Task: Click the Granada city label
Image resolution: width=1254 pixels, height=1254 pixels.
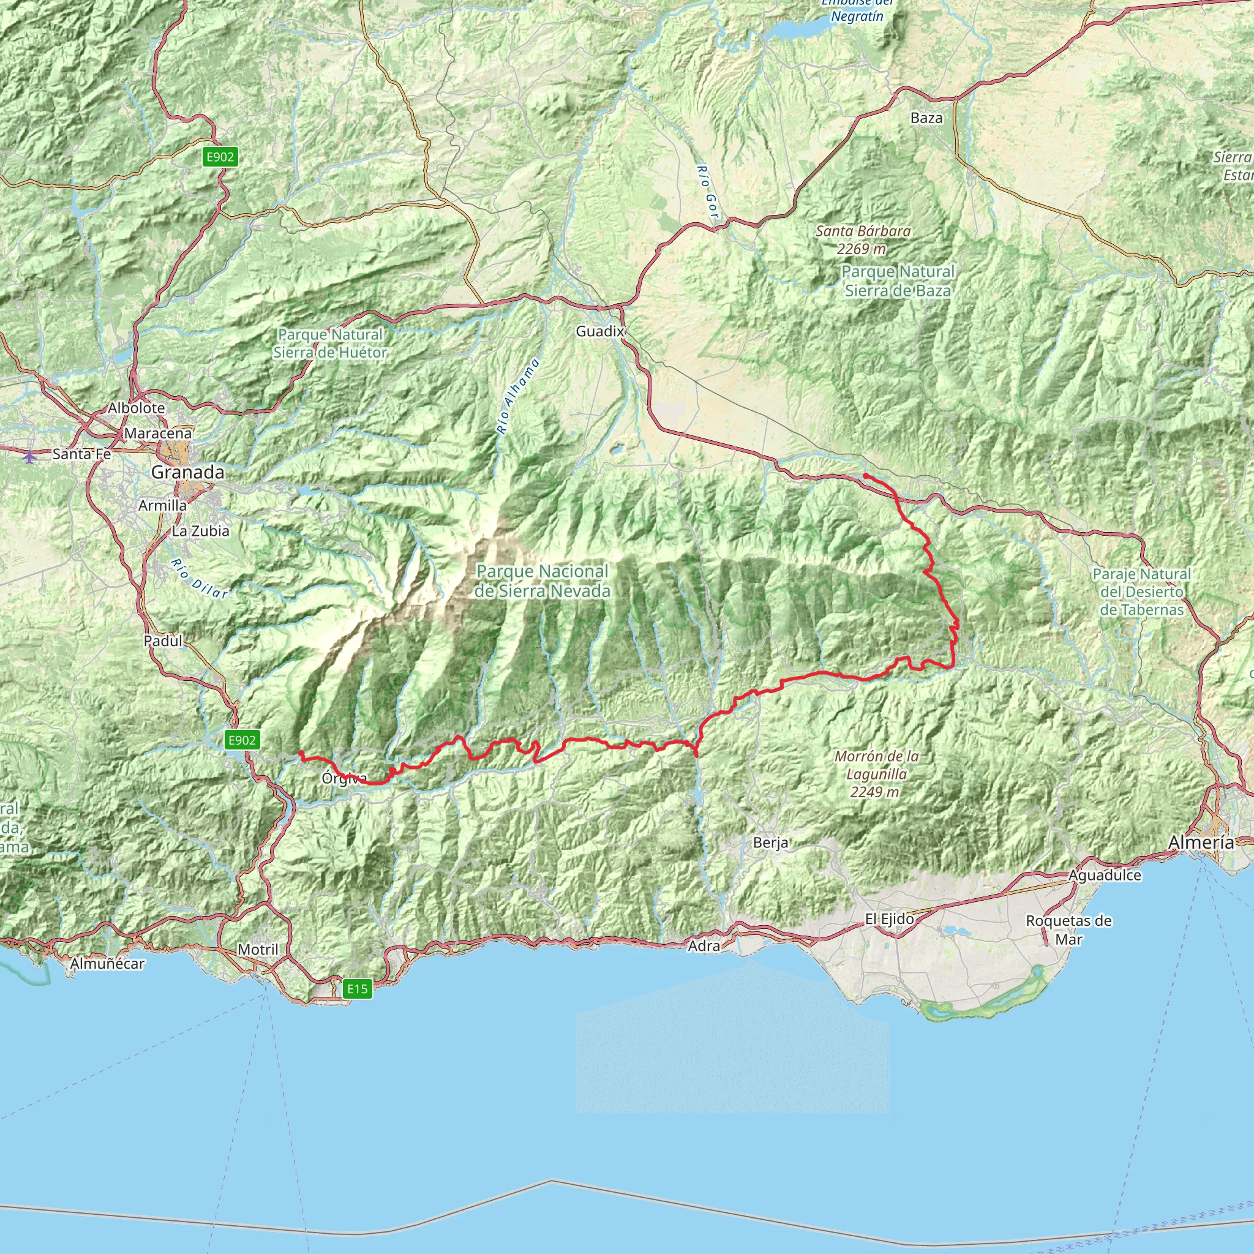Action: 187,473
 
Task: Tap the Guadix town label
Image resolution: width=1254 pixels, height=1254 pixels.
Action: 599,332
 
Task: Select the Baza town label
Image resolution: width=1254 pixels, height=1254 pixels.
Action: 926,118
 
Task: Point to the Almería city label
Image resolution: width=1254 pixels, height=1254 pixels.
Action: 1201,843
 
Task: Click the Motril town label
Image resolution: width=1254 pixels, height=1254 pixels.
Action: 258,950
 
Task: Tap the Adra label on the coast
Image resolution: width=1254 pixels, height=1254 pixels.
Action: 704,947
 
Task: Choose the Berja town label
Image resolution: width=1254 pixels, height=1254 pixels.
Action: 771,843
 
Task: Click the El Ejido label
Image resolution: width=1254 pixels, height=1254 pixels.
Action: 889,919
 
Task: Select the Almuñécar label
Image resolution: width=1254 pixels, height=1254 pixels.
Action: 107,964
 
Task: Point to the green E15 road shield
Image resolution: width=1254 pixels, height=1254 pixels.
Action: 357,989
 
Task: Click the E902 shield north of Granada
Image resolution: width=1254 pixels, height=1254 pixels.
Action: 220,156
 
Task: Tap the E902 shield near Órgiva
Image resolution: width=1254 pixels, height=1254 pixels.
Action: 242,740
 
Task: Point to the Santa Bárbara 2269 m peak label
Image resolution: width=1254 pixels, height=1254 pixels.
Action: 863,239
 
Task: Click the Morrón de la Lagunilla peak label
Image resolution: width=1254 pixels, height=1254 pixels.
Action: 876,774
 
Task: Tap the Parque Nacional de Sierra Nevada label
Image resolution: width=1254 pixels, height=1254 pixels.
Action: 542,581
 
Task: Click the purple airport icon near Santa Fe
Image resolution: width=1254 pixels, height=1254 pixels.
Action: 29,456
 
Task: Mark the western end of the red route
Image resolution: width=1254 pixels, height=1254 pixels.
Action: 301,753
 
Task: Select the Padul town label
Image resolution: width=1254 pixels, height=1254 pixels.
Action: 163,640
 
